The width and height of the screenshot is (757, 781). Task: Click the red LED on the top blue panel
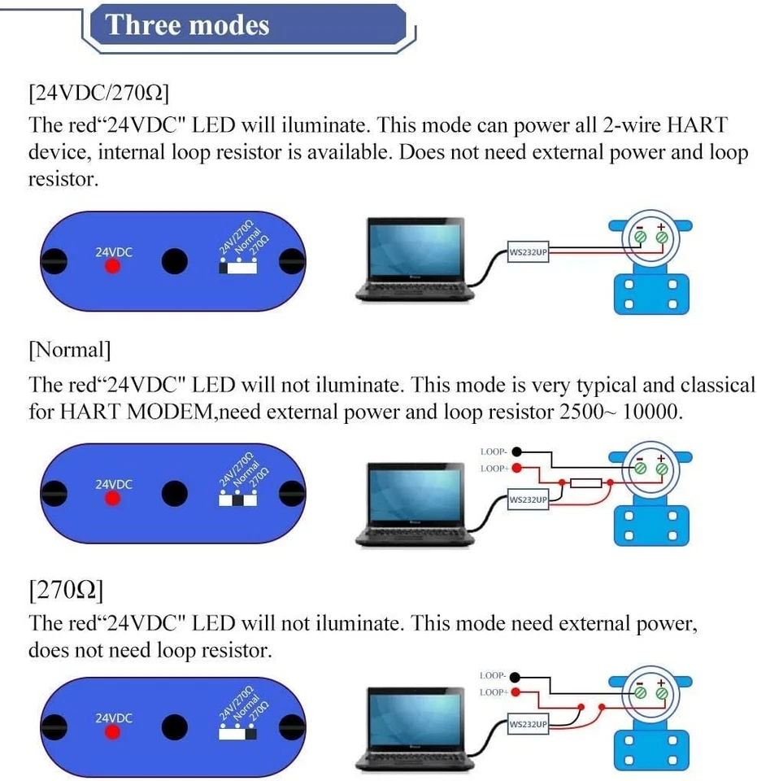[112, 267]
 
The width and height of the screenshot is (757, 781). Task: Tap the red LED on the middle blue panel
[112, 499]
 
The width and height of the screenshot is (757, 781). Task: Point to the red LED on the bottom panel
[112, 732]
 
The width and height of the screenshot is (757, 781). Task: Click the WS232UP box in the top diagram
[528, 252]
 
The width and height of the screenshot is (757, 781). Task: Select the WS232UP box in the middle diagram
[528, 500]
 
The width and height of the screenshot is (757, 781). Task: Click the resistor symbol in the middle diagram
[585, 483]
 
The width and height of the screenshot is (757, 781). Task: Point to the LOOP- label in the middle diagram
[493, 452]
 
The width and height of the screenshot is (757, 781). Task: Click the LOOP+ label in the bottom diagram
[493, 692]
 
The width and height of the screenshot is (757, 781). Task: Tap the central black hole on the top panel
[175, 261]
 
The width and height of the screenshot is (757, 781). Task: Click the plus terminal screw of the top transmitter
[662, 238]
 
